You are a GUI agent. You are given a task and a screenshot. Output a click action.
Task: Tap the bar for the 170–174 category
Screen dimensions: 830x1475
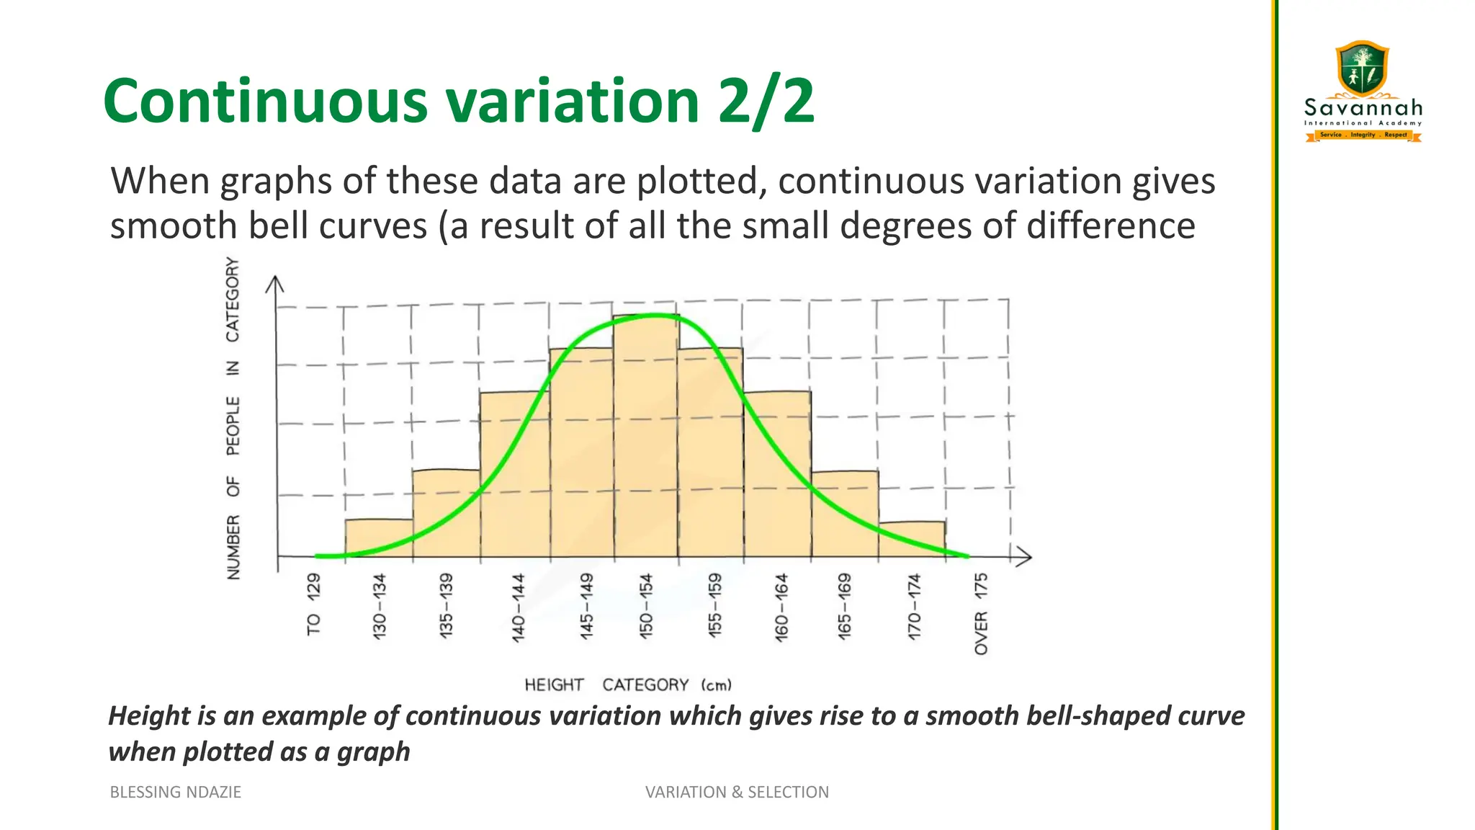click(912, 540)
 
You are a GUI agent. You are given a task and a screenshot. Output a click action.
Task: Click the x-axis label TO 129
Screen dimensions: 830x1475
click(313, 604)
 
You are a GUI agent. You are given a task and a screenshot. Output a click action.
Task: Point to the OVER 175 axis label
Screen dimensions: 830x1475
click(981, 613)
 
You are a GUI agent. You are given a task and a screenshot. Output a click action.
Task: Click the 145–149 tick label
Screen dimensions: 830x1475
click(586, 606)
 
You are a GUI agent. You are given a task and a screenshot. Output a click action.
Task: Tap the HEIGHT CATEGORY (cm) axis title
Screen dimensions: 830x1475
click(627, 684)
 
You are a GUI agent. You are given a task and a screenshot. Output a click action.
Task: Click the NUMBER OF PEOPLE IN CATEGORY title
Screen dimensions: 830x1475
click(233, 418)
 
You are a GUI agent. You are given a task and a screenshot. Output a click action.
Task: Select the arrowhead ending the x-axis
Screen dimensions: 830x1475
click(1024, 556)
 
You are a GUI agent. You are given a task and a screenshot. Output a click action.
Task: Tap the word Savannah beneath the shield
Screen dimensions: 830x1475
click(1363, 109)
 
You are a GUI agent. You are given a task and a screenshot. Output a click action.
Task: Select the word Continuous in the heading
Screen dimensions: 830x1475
click(266, 102)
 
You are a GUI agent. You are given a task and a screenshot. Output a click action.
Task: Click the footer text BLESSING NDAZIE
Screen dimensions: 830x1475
click(175, 792)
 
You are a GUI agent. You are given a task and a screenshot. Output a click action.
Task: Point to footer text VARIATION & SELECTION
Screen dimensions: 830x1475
click(737, 792)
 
